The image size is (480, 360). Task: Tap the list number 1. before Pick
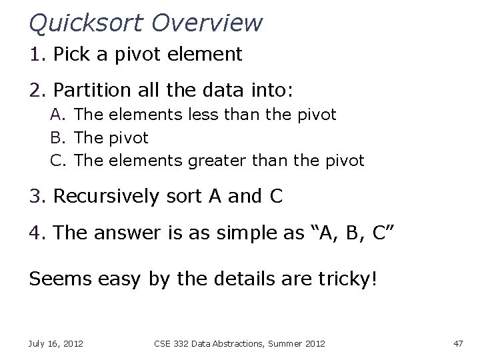(37, 55)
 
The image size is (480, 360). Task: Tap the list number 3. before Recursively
(37, 197)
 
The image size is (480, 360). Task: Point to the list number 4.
(37, 233)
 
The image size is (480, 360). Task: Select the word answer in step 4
(123, 233)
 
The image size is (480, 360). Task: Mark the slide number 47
(458, 343)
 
